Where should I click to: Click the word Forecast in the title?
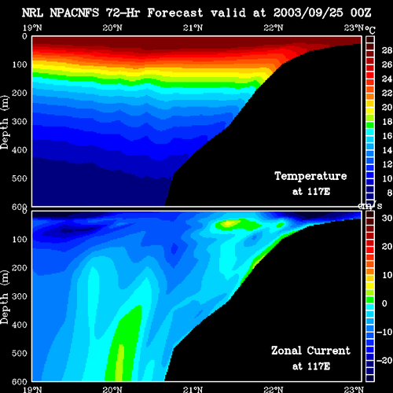point(175,13)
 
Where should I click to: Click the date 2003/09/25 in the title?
point(308,13)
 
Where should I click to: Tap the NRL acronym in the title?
point(32,13)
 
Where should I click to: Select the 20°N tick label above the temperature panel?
point(112,28)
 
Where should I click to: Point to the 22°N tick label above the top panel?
point(274,28)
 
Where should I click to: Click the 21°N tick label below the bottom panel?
point(193,389)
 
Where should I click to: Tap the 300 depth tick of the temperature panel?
point(20,122)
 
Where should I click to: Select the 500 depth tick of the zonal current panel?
point(20,353)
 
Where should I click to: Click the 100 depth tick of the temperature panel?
point(20,64)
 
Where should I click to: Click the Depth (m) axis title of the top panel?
point(5,123)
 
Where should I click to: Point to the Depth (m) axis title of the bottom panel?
point(5,297)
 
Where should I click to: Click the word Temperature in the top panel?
point(310,176)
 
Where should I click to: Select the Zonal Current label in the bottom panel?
point(310,351)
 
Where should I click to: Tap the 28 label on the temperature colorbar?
point(387,50)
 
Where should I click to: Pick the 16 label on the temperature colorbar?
point(387,136)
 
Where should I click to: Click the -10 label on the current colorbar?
point(384,332)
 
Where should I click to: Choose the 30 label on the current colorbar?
point(387,218)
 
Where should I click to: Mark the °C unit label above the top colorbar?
point(370,30)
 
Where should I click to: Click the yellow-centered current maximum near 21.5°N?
point(230,223)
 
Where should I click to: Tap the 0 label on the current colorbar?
point(384,303)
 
